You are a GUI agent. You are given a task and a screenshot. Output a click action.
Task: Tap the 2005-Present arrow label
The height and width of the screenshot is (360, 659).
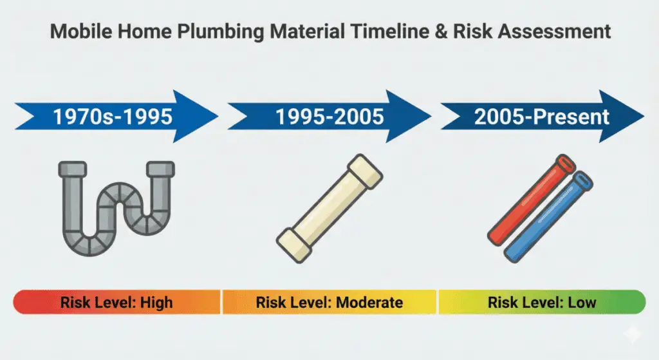coord(541,117)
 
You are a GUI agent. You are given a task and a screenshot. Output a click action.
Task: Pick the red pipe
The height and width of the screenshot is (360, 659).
coord(528,200)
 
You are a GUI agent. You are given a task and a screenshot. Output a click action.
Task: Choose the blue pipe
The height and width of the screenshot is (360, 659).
coord(549,216)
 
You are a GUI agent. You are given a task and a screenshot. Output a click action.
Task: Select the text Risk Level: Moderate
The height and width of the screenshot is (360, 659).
coord(329,301)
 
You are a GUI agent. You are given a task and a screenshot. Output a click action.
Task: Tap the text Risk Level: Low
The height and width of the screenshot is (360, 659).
coord(541,301)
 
